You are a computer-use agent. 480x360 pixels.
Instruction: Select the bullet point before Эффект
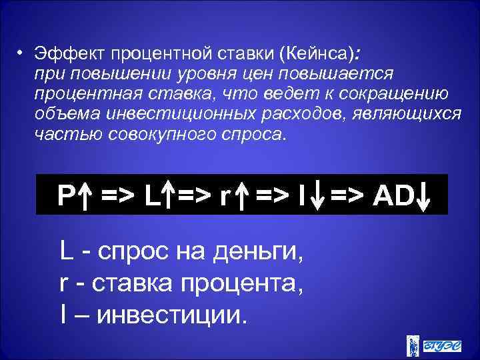click(21, 52)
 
